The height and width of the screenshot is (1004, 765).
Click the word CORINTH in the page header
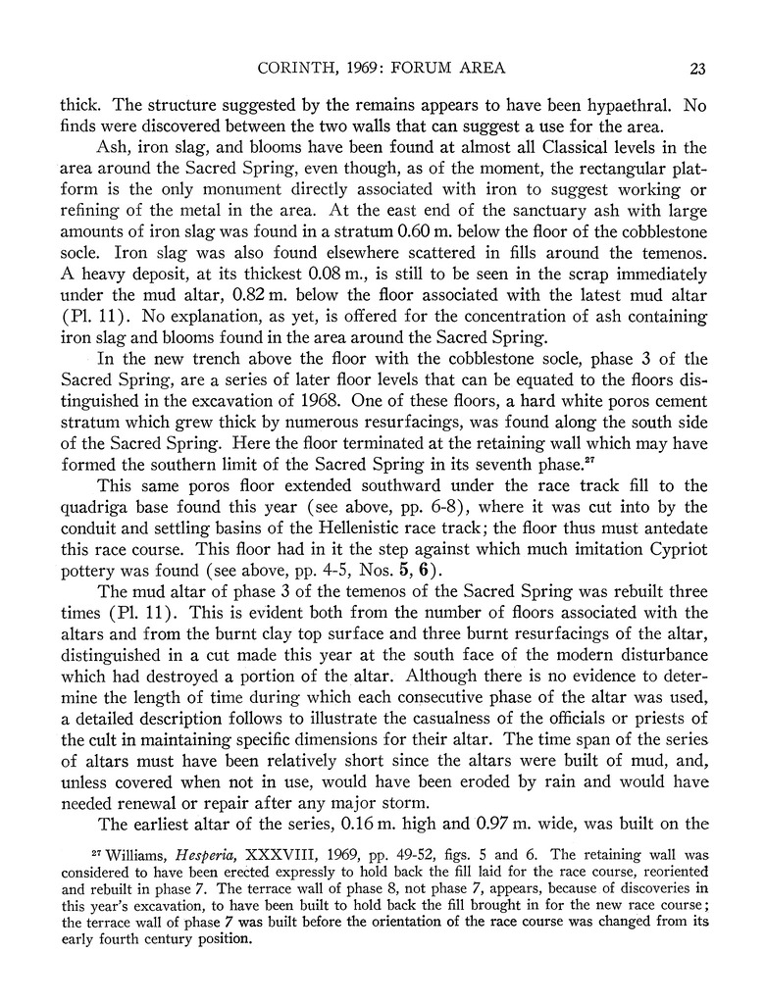pyautogui.click(x=291, y=68)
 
